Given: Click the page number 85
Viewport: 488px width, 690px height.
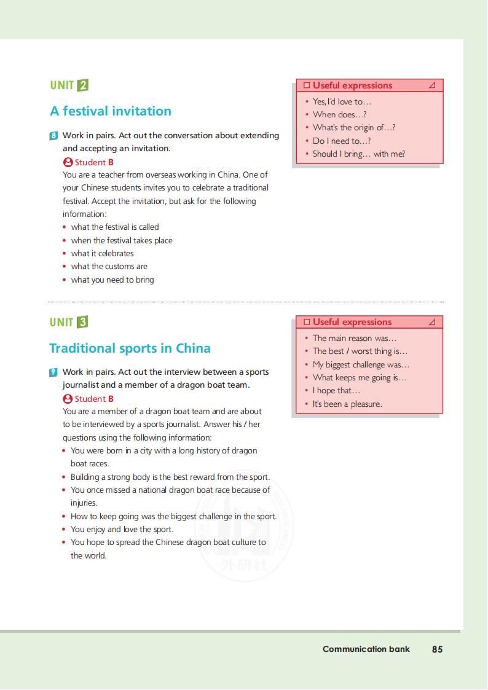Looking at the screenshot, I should [x=437, y=649].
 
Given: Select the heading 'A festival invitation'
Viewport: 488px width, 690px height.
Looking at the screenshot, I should [x=111, y=111].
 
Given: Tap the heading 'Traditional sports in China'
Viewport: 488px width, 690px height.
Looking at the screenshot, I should [x=130, y=348].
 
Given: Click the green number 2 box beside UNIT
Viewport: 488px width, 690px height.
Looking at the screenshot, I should [x=83, y=85].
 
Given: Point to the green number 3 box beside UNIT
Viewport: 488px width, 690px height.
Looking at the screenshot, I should [x=83, y=322].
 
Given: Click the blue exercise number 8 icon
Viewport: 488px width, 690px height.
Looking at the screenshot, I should [x=54, y=135].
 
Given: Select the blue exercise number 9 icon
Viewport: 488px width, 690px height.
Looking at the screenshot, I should [x=54, y=372].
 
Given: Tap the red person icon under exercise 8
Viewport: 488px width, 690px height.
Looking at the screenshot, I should [x=68, y=162].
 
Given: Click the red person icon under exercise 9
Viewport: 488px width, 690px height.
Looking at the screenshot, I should [x=68, y=399].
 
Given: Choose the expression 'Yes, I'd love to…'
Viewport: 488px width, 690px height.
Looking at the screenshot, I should [x=342, y=102].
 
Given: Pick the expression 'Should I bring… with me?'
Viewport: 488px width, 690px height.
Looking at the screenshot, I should [x=358, y=154].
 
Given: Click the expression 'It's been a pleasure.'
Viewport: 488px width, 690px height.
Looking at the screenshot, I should [x=347, y=404].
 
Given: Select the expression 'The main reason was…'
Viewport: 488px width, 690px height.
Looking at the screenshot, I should [x=355, y=338].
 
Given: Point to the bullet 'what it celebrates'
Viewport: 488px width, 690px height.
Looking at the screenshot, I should [x=102, y=253].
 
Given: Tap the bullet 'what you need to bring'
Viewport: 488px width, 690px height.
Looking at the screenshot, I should [x=112, y=280].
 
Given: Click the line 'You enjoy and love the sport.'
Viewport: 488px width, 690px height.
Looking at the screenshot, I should [x=122, y=529].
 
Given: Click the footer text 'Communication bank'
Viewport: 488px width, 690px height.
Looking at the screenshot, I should [x=366, y=649].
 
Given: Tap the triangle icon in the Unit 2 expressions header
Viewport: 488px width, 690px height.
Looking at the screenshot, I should [x=432, y=85].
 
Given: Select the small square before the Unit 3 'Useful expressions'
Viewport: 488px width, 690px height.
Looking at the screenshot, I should [x=306, y=322].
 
